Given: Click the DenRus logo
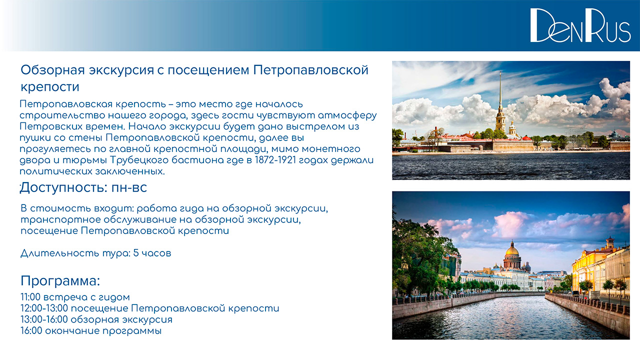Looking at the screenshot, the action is [x=580, y=25].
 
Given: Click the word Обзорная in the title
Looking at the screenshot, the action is [x=53, y=70].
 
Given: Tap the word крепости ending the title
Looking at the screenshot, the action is [x=50, y=87].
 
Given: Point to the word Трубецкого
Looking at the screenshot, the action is [x=139, y=160].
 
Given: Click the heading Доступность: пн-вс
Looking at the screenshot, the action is [x=83, y=187].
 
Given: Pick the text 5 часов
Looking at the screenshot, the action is [x=152, y=253].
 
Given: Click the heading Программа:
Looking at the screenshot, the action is [x=60, y=281].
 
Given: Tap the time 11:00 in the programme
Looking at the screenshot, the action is [x=30, y=297].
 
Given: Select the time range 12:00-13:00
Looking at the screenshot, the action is [x=44, y=308].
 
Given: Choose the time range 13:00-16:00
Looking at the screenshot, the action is [x=44, y=319].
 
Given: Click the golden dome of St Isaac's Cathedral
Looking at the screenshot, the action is [x=512, y=250].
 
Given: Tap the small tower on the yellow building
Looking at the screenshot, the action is [x=610, y=242].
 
